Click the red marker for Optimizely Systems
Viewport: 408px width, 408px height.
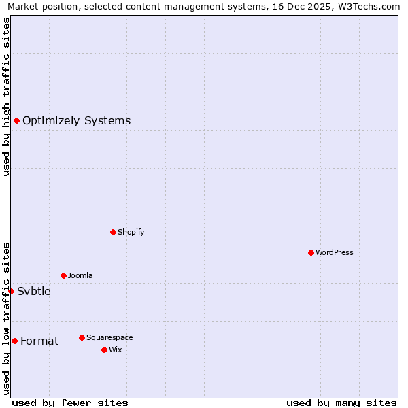pyautogui.click(x=16, y=120)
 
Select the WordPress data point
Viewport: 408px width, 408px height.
pyautogui.click(x=311, y=252)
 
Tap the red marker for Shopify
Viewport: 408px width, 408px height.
pyautogui.click(x=113, y=232)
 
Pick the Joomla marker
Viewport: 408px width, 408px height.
pyautogui.click(x=63, y=275)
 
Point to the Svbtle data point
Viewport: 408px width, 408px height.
pyautogui.click(x=11, y=291)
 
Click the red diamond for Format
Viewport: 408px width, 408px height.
pyautogui.click(x=14, y=341)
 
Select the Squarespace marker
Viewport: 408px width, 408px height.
pyautogui.click(x=82, y=337)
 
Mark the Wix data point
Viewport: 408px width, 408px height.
pyautogui.click(x=104, y=350)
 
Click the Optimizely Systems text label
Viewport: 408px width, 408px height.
pyautogui.click(x=76, y=121)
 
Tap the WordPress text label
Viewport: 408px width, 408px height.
pyautogui.click(x=334, y=252)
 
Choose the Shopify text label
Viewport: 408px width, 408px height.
pyautogui.click(x=131, y=232)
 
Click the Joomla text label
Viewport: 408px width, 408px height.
pyautogui.click(x=80, y=275)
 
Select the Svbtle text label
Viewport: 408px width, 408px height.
pyautogui.click(x=34, y=291)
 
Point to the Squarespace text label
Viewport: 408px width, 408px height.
pyautogui.click(x=109, y=337)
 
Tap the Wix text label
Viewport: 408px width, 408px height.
pyautogui.click(x=115, y=350)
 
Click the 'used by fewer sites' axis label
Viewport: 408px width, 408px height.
pyautogui.click(x=70, y=403)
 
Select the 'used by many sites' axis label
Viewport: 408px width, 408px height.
pyautogui.click(x=341, y=403)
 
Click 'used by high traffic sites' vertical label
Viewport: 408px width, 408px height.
pyautogui.click(x=7, y=97)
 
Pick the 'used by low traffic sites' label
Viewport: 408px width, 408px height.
pyautogui.click(x=7, y=318)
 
